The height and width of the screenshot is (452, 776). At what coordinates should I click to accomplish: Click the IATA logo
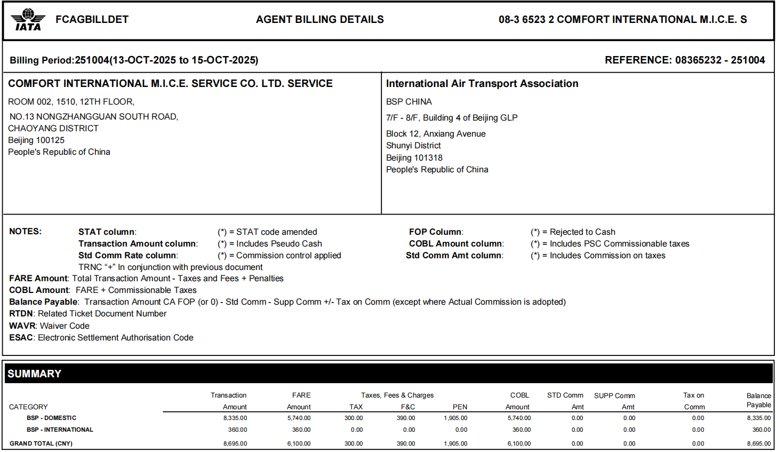[28, 20]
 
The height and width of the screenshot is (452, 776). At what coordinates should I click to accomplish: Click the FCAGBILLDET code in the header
[92, 20]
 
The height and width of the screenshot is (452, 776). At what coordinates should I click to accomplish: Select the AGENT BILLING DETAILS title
[319, 20]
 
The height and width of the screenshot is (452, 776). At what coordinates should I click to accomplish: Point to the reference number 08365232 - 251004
[720, 60]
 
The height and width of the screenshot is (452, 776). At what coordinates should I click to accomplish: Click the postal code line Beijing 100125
[36, 140]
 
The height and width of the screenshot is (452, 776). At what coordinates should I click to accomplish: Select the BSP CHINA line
[409, 102]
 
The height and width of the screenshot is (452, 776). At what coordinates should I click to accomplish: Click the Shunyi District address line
[413, 146]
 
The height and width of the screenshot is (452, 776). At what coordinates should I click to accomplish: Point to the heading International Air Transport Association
[482, 84]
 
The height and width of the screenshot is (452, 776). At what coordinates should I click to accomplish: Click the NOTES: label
[25, 232]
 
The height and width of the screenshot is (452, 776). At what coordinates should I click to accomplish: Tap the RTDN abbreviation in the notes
[21, 314]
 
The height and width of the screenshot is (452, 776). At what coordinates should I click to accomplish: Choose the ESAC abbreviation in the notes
[21, 338]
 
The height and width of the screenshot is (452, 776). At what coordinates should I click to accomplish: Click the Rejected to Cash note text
[582, 232]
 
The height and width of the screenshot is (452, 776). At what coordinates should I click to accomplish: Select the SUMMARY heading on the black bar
[34, 374]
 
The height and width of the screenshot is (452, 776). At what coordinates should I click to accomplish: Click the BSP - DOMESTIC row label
[51, 418]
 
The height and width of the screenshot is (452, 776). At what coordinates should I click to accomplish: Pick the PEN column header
[460, 407]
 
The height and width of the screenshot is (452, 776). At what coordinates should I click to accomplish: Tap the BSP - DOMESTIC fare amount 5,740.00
[299, 418]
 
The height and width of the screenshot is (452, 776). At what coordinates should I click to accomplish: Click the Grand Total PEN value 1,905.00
[455, 443]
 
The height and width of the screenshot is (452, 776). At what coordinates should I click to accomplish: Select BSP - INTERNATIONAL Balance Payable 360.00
[761, 430]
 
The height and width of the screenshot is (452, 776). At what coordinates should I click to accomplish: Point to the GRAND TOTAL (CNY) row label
[41, 443]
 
